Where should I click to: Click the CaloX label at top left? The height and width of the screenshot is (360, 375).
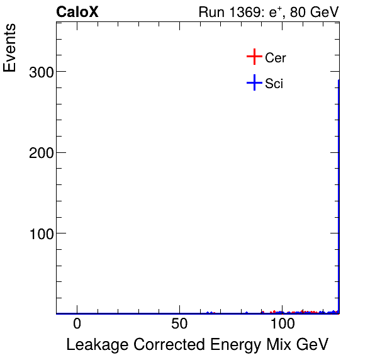click(77, 12)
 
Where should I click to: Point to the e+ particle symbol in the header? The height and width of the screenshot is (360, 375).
click(276, 12)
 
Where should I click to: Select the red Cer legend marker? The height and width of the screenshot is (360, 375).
click(254, 57)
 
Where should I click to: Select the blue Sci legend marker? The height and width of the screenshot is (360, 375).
click(254, 82)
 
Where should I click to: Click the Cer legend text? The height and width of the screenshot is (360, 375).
click(276, 58)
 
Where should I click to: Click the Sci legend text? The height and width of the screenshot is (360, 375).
click(274, 83)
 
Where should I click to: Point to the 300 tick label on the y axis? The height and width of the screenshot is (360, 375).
click(41, 72)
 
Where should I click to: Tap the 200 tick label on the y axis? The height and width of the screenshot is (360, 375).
click(41, 152)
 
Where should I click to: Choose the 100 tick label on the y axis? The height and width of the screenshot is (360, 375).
click(41, 233)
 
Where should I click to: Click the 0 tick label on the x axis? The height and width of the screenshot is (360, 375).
click(77, 324)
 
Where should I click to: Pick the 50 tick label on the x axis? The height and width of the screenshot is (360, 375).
click(180, 324)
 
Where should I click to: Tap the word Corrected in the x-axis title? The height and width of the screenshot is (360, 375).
click(164, 345)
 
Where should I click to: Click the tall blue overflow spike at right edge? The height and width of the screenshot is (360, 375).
click(339, 195)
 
